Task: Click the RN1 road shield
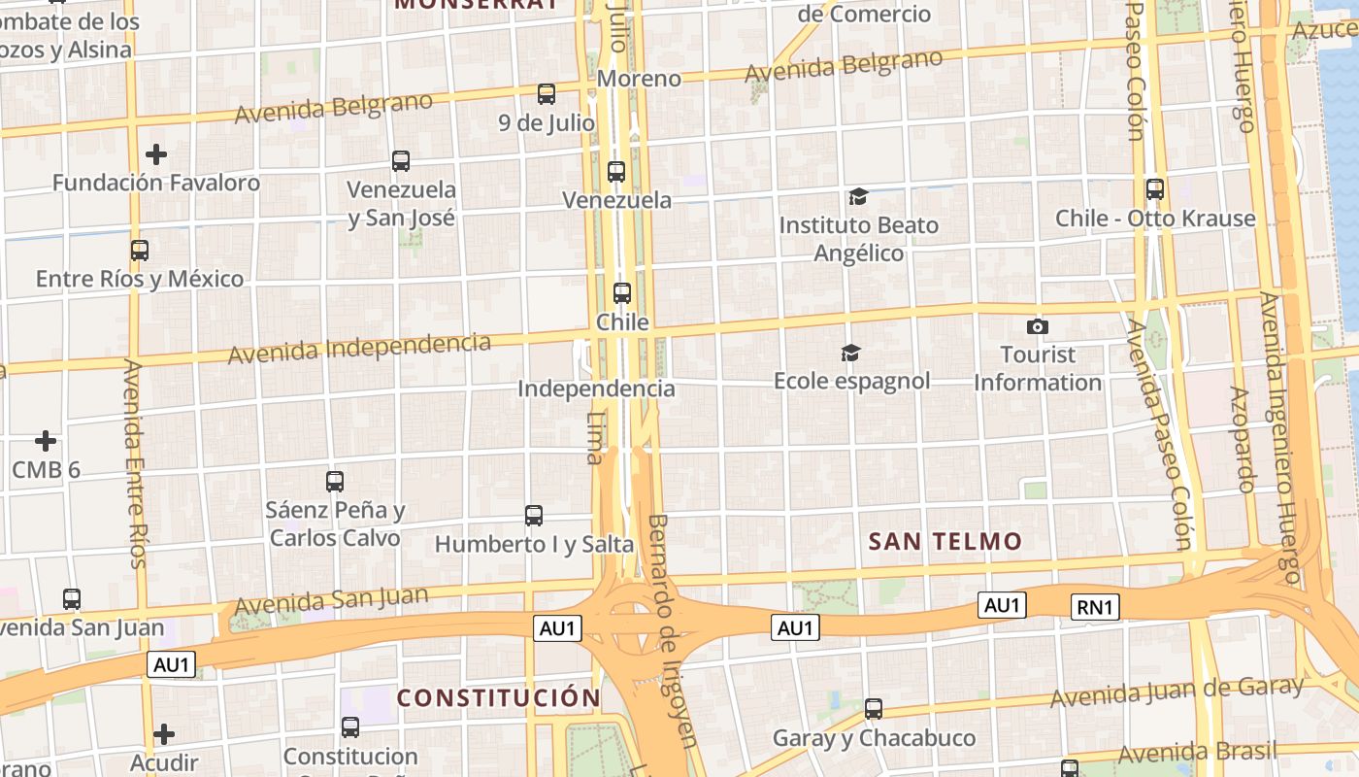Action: [x=1096, y=608]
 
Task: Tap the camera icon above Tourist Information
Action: [x=1038, y=326]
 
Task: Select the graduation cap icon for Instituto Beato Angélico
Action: [x=858, y=197]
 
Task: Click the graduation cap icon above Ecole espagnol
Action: [x=851, y=353]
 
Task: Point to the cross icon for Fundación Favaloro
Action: [x=156, y=154]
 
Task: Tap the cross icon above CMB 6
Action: [x=46, y=441]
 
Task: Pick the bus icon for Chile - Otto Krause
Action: [x=1155, y=189]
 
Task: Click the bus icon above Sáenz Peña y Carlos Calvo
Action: [x=335, y=481]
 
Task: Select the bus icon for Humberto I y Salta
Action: [x=534, y=516]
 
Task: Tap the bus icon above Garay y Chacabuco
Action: [x=874, y=709]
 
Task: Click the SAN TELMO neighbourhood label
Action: [x=945, y=542]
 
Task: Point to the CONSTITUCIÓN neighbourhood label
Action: [x=499, y=697]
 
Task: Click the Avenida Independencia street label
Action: [x=359, y=348]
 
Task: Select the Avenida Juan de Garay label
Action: [x=1177, y=692]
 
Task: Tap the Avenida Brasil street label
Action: [x=1198, y=753]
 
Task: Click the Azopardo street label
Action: [x=1243, y=439]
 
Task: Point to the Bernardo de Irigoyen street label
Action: [x=672, y=631]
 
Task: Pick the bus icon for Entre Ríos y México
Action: [x=140, y=251]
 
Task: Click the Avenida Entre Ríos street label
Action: [x=135, y=464]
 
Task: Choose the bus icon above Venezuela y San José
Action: [x=401, y=161]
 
